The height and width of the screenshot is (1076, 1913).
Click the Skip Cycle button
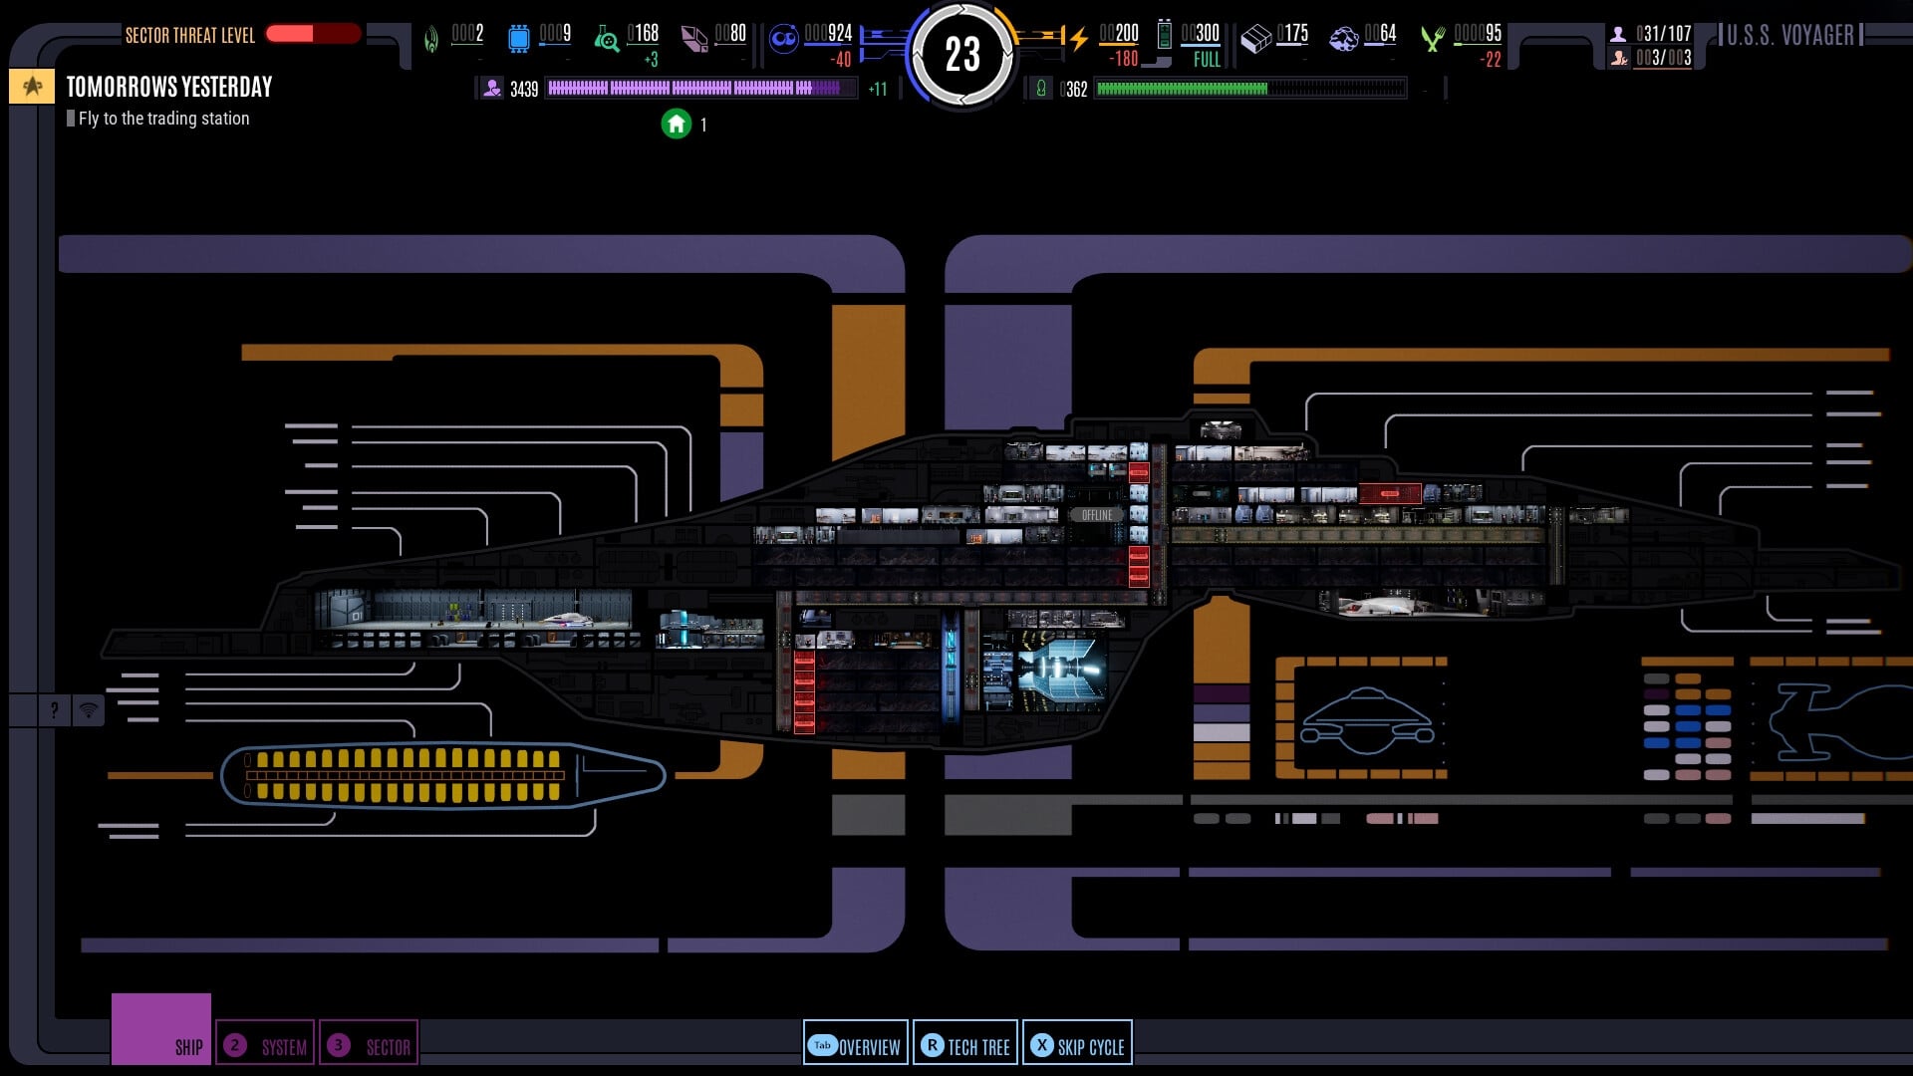click(1077, 1045)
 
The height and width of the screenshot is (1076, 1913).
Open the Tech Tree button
click(964, 1045)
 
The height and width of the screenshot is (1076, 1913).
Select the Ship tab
click(161, 1030)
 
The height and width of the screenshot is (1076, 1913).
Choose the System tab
click(265, 1045)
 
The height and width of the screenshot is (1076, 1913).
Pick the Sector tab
click(369, 1045)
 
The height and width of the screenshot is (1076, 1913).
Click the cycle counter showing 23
click(961, 55)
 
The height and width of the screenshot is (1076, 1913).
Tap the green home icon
click(677, 125)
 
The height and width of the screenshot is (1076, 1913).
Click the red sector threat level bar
click(313, 34)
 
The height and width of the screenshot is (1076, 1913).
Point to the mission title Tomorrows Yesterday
click(169, 88)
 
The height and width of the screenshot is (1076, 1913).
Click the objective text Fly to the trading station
click(163, 119)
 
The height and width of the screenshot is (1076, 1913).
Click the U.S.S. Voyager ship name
click(1789, 36)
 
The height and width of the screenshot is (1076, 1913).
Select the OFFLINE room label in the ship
click(1096, 515)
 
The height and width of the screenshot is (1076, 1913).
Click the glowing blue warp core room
click(1060, 671)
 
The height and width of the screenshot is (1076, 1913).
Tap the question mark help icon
click(54, 710)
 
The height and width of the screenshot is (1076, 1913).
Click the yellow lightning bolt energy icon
click(1078, 39)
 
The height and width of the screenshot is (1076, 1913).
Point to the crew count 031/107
click(1663, 34)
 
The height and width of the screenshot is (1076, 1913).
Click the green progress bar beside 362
click(1250, 89)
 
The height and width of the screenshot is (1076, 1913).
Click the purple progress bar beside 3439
click(700, 89)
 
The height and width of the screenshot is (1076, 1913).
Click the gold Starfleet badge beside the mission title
click(32, 87)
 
